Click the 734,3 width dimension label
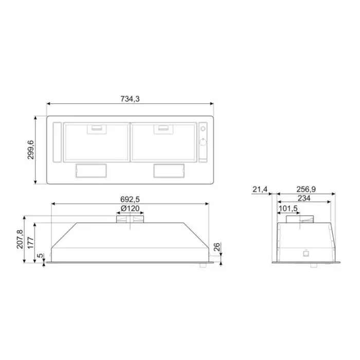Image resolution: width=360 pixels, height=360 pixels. pos(131,99)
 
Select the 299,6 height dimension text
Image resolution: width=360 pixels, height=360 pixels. pos(30,149)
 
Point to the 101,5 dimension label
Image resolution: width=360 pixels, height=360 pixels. pos(288,209)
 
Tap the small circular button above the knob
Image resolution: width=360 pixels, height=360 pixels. pos(202,128)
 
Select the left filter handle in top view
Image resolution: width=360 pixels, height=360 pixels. pos(96,129)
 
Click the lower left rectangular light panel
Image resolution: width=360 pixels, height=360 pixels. pos(91,170)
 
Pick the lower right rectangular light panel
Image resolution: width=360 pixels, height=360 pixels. pos(168,170)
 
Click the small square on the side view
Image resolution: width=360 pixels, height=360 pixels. pos(306,252)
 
